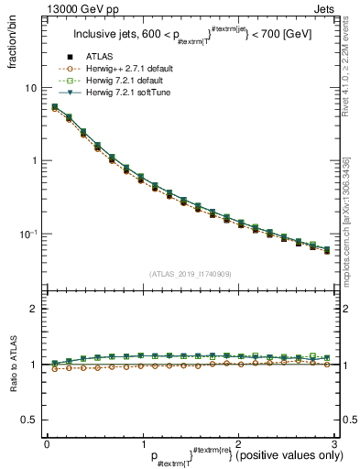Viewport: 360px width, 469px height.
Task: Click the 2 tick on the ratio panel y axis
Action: [33, 310]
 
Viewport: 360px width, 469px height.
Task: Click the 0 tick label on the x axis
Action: [47, 442]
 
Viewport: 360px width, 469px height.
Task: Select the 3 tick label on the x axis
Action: [333, 442]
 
